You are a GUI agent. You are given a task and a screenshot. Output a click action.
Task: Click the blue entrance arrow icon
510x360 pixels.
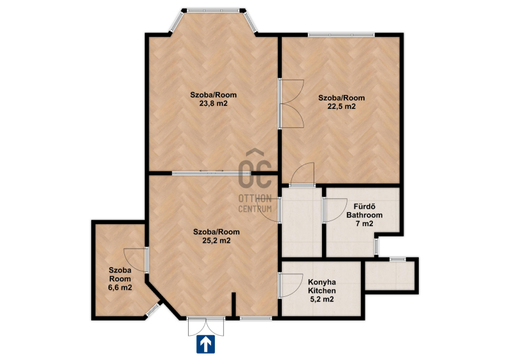point(205,344)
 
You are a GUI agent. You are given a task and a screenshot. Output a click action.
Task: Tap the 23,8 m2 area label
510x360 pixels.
point(214,104)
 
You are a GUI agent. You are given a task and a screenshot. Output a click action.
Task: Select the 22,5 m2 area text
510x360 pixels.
point(342,106)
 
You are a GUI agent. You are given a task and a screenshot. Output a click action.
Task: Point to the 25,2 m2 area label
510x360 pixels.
point(216,241)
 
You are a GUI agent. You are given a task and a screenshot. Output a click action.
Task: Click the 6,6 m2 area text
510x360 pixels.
point(120,287)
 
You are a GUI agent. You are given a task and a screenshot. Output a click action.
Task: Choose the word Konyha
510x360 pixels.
point(322,282)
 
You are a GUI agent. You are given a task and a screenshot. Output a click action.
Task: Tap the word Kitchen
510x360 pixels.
point(322,291)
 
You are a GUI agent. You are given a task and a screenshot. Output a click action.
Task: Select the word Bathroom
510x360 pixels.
point(364,215)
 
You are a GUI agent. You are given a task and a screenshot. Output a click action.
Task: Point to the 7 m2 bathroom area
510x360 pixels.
point(364,224)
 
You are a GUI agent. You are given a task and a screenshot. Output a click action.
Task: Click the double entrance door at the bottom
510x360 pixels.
point(206,326)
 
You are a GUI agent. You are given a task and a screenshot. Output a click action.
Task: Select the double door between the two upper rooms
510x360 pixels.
point(291,103)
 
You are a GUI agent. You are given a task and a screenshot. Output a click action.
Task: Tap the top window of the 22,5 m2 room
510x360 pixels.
point(342,34)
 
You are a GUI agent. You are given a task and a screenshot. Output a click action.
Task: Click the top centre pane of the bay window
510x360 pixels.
point(214,10)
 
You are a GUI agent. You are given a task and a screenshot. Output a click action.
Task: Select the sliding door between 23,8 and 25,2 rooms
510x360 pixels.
point(212,173)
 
